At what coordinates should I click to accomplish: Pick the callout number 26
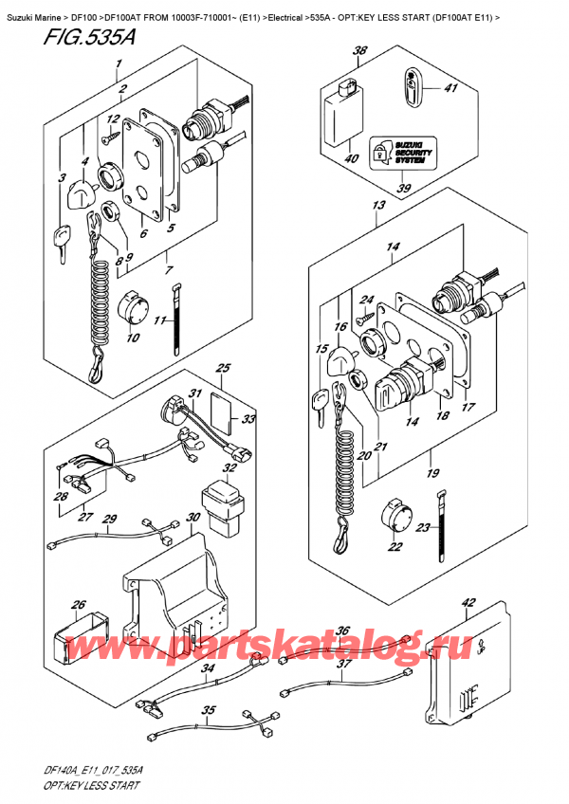pos(79,604)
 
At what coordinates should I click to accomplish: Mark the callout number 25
pos(223,368)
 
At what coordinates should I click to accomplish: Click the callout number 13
pos(378,206)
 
